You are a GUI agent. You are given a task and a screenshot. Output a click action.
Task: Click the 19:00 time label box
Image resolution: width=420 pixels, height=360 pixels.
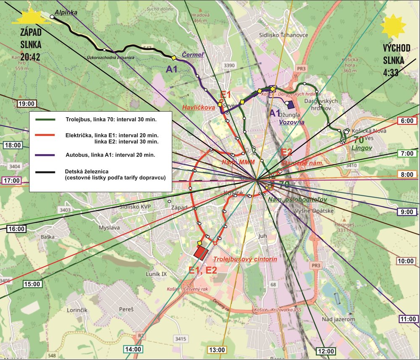(27, 103)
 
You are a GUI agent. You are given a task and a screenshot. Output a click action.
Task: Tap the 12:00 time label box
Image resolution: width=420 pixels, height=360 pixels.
(325, 351)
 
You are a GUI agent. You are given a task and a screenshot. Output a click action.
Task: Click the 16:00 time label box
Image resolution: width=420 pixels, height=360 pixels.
(17, 229)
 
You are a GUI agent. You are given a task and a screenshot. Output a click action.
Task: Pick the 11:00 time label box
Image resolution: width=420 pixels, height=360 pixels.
(408, 319)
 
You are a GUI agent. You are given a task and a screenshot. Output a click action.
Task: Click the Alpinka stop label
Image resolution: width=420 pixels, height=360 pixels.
(66, 13)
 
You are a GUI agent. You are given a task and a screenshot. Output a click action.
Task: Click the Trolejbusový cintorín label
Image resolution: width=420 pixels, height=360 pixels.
(245, 260)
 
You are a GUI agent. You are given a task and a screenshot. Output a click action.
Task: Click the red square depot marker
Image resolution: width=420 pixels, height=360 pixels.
(201, 252)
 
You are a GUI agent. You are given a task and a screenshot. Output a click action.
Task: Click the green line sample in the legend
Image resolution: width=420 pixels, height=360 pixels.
(46, 120)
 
